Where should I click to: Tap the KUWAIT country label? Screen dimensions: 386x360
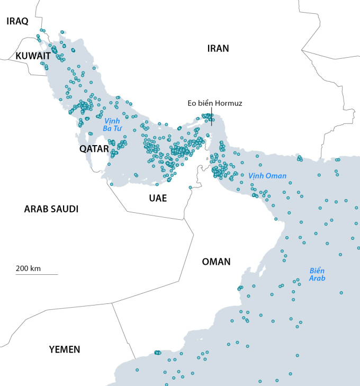pyautogui.click(x=33, y=56)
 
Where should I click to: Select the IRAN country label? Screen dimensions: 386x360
pyautogui.click(x=218, y=48)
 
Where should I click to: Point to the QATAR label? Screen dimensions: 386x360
pyautogui.click(x=94, y=149)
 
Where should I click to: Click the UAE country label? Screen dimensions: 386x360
pyautogui.click(x=158, y=198)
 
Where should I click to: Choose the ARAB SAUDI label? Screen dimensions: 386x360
pyautogui.click(x=51, y=209)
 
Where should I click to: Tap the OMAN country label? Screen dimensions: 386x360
pyautogui.click(x=216, y=262)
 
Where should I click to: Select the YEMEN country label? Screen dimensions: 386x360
pyautogui.click(x=65, y=349)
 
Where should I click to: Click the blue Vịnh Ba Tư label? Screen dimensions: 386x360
pyautogui.click(x=112, y=125)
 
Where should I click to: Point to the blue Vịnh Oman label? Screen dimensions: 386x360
pyautogui.click(x=267, y=176)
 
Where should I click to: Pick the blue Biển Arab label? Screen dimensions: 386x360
pyautogui.click(x=318, y=274)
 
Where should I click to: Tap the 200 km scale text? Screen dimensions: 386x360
pyautogui.click(x=29, y=268)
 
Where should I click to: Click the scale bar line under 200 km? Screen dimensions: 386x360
pyautogui.click(x=37, y=274)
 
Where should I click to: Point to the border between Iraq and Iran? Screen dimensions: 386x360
pyautogui.click(x=39, y=13)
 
